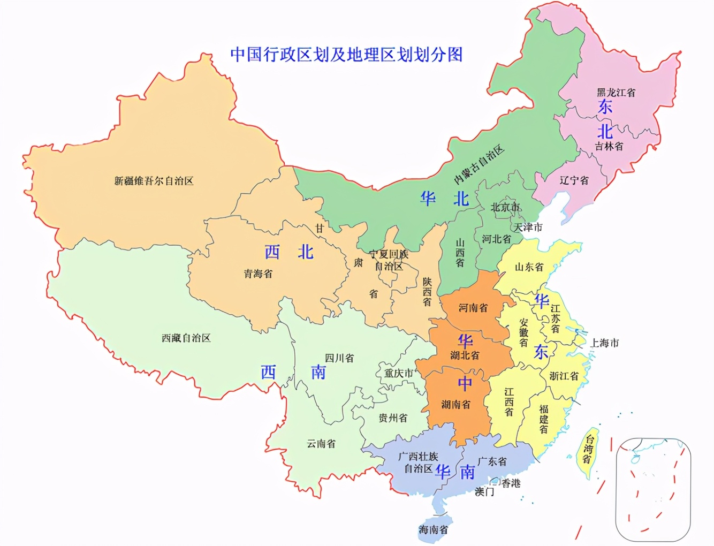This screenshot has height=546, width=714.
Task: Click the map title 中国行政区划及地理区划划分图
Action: pyautogui.click(x=346, y=54)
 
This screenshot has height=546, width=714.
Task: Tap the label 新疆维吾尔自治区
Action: pyautogui.click(x=154, y=181)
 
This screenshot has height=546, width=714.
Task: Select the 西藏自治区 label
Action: pyautogui.click(x=186, y=338)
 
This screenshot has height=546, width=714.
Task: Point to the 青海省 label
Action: pyautogui.click(x=258, y=274)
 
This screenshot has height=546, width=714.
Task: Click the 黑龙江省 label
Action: pyautogui.click(x=616, y=92)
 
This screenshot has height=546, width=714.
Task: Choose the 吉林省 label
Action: pyautogui.click(x=609, y=146)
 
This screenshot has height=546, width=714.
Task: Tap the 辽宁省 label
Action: pyautogui.click(x=574, y=180)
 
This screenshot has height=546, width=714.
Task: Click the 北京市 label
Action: pyautogui.click(x=505, y=207)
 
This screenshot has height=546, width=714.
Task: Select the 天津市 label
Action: pyautogui.click(x=528, y=227)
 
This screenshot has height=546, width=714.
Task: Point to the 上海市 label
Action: pyautogui.click(x=604, y=343)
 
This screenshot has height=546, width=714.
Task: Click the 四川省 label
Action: pyautogui.click(x=339, y=358)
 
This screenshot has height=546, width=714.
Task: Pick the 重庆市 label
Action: pyautogui.click(x=398, y=373)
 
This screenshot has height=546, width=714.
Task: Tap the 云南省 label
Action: pyautogui.click(x=321, y=443)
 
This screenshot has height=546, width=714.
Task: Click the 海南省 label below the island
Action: pyautogui.click(x=433, y=530)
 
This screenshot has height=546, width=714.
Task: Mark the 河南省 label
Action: pyautogui.click(x=473, y=308)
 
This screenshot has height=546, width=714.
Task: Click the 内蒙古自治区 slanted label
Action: pyautogui.click(x=480, y=164)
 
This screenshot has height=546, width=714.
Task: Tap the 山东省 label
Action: pyautogui.click(x=529, y=267)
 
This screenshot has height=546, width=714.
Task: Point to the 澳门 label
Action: pyautogui.click(x=484, y=491)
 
